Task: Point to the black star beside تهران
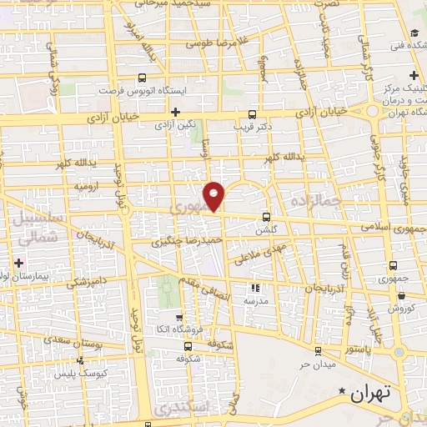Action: coord(341,390)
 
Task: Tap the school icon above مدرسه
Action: coord(251,287)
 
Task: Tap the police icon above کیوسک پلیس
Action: coord(81,361)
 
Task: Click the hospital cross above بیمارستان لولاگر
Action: coord(19,263)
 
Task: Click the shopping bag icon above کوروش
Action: coord(401,295)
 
